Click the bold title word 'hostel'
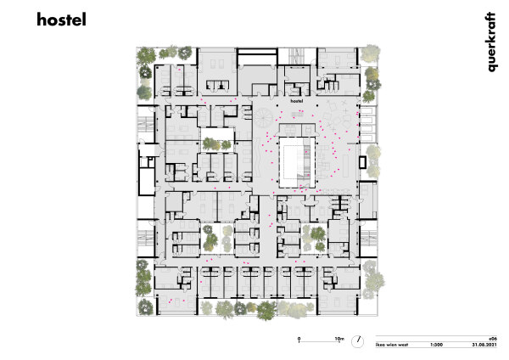click(61, 20)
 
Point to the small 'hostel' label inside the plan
click(296, 100)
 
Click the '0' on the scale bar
click(299, 339)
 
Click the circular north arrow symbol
click(360, 340)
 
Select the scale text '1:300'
click(437, 345)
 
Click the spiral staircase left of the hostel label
click(269, 114)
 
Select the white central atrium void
click(294, 157)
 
